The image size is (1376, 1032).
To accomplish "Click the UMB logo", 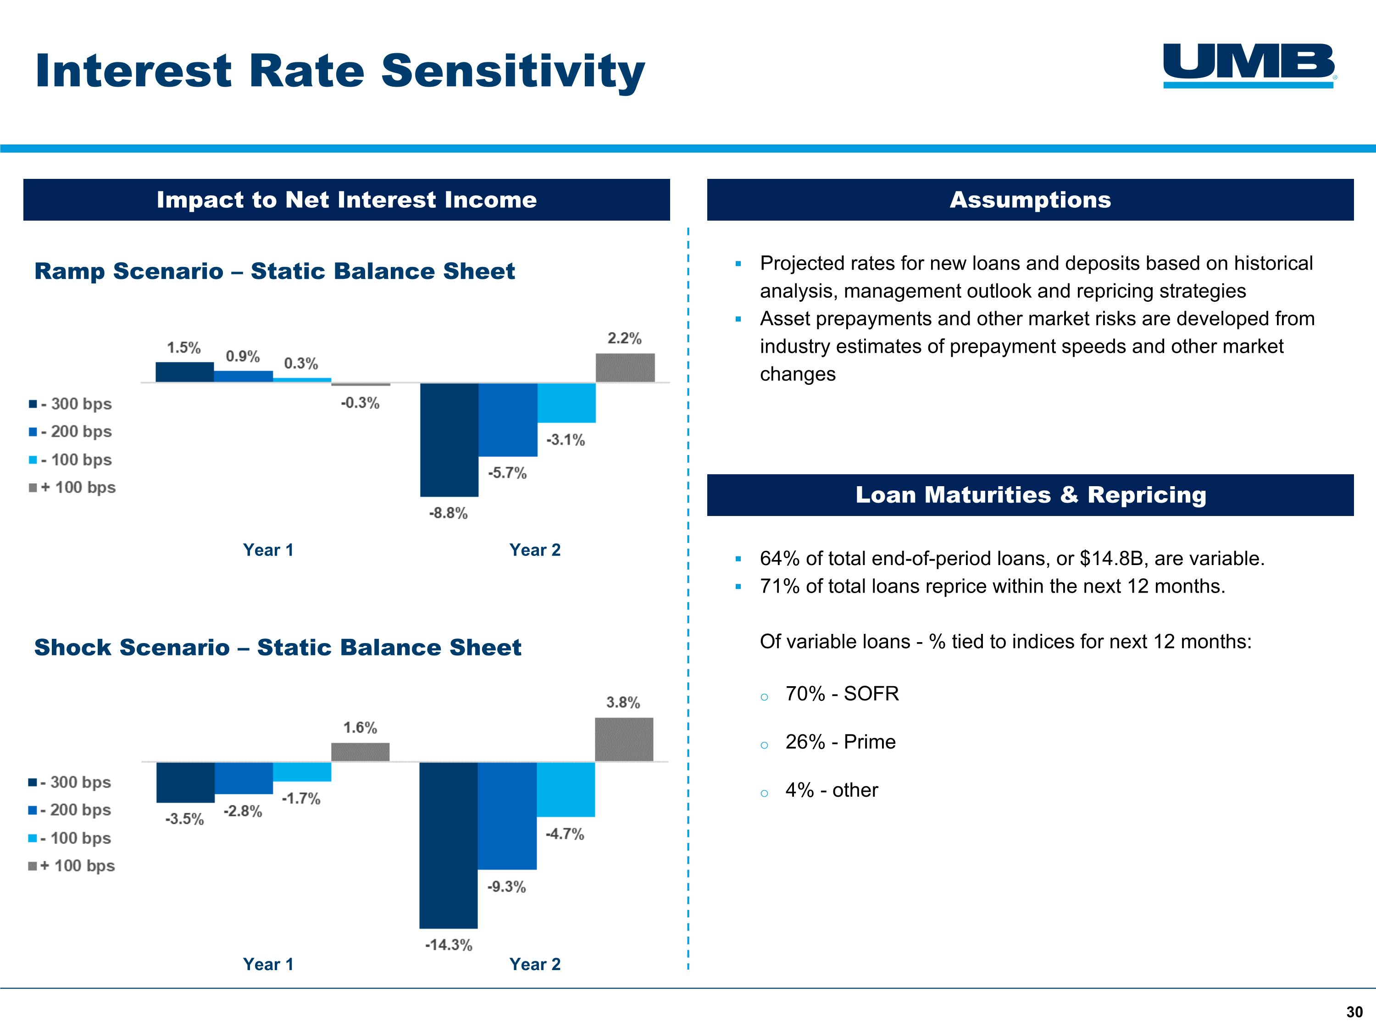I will pos(1248,65).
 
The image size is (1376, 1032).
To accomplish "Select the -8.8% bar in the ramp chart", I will pos(449,439).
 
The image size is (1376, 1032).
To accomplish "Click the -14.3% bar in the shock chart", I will pos(449,845).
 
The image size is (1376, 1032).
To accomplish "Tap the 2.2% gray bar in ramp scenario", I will pos(625,368).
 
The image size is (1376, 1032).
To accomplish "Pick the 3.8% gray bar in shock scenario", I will pos(624,739).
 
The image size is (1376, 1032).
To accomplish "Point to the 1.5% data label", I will pos(183,348).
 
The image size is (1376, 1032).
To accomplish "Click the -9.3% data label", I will pos(506,887).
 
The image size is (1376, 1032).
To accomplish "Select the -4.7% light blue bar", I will pos(566,789).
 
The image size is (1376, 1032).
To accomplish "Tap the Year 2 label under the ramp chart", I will pos(534,550).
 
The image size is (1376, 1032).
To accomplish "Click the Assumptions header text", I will pos(1030,200).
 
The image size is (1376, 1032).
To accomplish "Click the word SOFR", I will pos(871,694).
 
